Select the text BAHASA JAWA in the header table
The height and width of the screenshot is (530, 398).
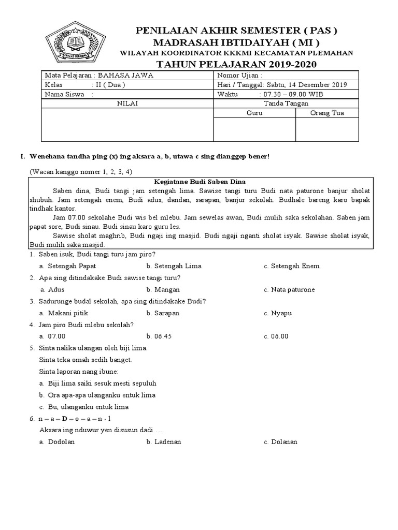(x=126, y=76)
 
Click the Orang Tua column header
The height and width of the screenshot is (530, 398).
(x=326, y=113)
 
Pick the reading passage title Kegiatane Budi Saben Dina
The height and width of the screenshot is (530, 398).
(x=200, y=182)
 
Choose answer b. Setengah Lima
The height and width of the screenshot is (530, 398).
(x=174, y=266)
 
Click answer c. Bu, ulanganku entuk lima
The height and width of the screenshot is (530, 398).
(x=83, y=407)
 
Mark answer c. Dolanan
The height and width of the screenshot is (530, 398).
(x=280, y=442)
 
